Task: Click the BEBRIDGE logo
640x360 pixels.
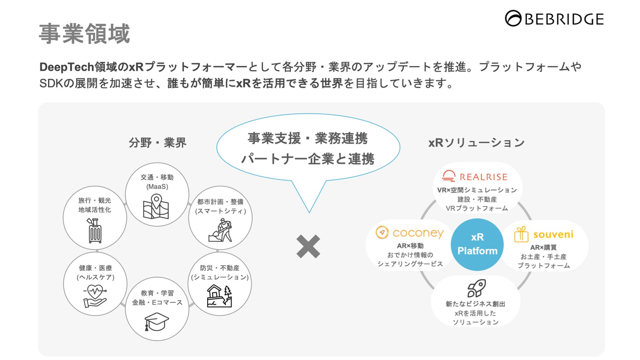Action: click(x=554, y=19)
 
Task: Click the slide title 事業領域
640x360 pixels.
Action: click(x=84, y=34)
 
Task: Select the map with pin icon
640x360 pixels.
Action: click(x=156, y=207)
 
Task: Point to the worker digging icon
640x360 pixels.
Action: click(x=220, y=230)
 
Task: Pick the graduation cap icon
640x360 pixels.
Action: click(x=156, y=321)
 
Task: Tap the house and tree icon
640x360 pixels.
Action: click(x=220, y=296)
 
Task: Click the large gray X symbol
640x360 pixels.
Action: click(x=308, y=246)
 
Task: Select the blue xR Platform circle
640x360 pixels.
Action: click(x=477, y=244)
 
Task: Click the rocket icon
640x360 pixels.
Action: click(x=476, y=288)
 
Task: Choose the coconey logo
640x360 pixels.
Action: click(x=409, y=232)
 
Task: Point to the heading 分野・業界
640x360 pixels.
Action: click(x=157, y=143)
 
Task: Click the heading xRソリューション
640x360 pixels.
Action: click(x=476, y=143)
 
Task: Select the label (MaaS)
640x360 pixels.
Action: click(x=157, y=187)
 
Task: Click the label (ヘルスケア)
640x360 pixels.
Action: click(x=95, y=277)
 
